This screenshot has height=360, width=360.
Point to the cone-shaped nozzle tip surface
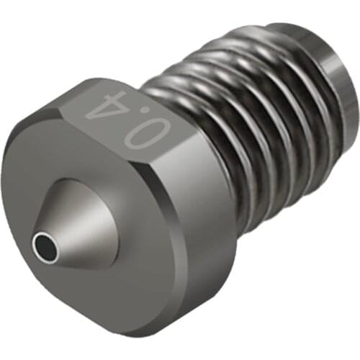click(79, 216)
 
